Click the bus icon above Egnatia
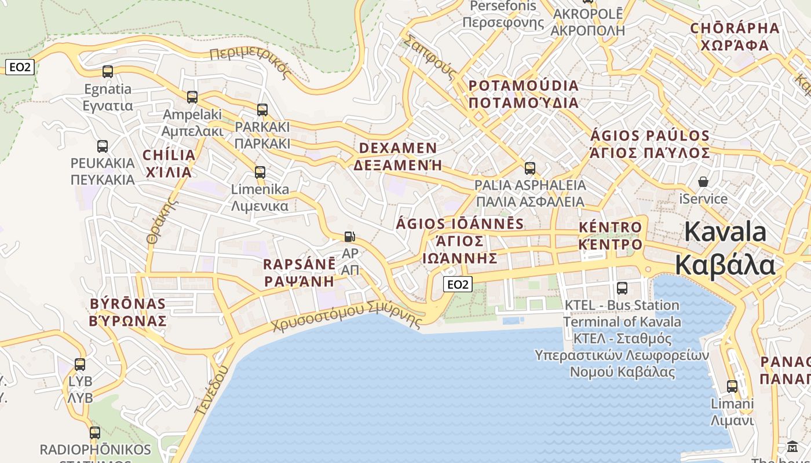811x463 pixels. (x=107, y=72)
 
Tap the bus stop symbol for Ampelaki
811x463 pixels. (x=192, y=97)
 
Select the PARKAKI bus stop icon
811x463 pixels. (x=262, y=109)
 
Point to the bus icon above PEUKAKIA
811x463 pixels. (x=103, y=146)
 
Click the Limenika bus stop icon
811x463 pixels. (x=260, y=172)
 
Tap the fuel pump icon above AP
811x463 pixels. (x=349, y=236)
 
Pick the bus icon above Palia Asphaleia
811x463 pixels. (x=530, y=168)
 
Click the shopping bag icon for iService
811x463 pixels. (x=703, y=182)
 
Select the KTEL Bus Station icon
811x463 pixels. (x=622, y=288)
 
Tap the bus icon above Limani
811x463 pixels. (x=732, y=386)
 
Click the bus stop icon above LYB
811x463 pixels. (x=80, y=365)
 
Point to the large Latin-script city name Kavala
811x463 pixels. (x=725, y=232)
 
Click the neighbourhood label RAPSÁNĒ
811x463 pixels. (x=299, y=264)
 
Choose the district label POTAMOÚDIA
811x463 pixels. (x=523, y=86)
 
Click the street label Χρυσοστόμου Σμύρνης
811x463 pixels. (x=346, y=317)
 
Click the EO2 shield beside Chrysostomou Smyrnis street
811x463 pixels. (x=458, y=284)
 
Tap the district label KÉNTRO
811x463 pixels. (x=611, y=227)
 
